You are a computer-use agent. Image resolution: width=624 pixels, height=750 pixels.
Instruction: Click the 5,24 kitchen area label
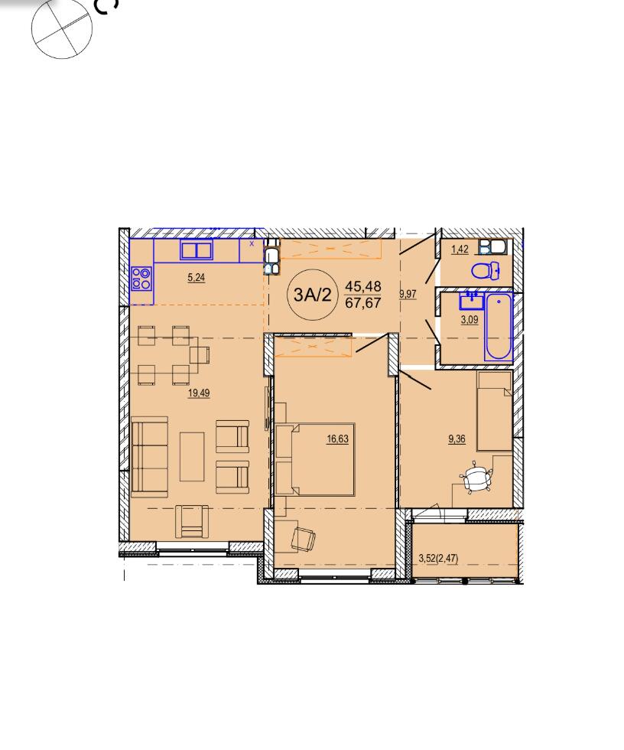tap(197, 277)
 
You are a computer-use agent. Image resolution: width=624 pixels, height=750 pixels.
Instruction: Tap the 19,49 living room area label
tap(199, 393)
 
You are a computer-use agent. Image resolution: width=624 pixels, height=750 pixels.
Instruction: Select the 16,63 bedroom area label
tap(337, 439)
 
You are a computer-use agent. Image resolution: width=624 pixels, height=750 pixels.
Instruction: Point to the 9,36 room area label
tap(457, 439)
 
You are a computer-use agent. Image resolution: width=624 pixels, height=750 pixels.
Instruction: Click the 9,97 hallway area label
tap(408, 294)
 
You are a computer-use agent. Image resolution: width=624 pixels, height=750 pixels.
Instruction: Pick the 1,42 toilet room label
tap(460, 249)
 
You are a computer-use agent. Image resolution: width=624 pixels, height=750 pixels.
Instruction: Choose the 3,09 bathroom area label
tap(470, 320)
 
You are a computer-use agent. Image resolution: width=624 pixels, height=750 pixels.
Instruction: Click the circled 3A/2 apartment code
tap(312, 295)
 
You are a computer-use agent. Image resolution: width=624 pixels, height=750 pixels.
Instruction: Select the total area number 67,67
tap(363, 303)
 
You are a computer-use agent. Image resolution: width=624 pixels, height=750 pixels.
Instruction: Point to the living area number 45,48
tap(363, 286)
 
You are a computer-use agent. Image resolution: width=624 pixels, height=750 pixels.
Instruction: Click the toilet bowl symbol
tap(486, 271)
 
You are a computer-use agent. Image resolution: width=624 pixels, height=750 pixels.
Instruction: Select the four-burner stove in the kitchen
tap(142, 279)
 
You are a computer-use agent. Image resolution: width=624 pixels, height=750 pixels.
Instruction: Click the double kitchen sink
tap(197, 250)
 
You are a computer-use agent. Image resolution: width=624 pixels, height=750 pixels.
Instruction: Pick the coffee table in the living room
tap(192, 457)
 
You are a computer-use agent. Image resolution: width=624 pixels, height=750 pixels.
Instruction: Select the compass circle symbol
tap(62, 29)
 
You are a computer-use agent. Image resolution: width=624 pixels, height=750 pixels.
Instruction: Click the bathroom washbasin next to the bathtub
tap(472, 302)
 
